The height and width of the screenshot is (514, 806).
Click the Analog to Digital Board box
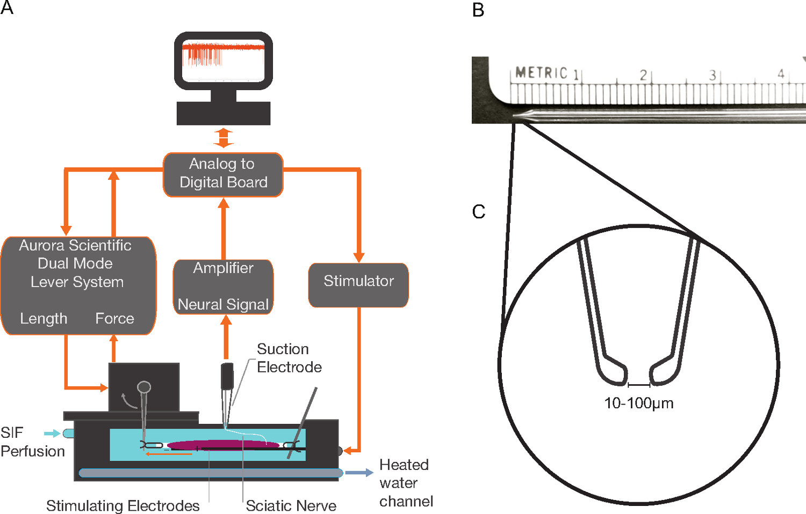tap(223, 174)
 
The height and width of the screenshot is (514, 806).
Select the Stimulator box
tap(358, 284)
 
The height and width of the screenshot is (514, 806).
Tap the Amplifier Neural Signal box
tap(223, 287)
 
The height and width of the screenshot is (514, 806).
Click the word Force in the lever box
tap(114, 319)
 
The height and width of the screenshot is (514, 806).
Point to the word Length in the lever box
tap(44, 319)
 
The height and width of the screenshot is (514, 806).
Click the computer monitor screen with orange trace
tap(223, 60)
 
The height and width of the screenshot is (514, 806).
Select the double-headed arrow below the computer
tap(224, 138)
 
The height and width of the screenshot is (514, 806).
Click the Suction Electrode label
tap(289, 358)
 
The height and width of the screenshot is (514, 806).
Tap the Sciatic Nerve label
tap(291, 505)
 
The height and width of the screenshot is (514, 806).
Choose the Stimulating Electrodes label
tap(123, 505)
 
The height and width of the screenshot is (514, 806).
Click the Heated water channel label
tap(406, 483)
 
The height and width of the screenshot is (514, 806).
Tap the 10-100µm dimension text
tap(638, 403)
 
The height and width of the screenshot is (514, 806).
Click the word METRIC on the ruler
tap(541, 73)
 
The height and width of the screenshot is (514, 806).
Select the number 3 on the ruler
tap(712, 75)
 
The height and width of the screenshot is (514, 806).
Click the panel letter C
tap(478, 212)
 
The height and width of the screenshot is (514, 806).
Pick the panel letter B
tap(478, 10)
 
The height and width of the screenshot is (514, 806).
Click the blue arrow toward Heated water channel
tap(359, 473)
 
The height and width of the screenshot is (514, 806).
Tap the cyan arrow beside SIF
tap(52, 433)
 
